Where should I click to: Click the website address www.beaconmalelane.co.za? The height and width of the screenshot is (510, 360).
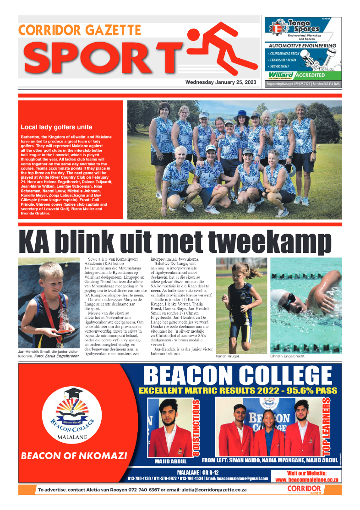[306, 480]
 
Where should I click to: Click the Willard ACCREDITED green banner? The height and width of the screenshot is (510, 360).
[303, 75]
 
